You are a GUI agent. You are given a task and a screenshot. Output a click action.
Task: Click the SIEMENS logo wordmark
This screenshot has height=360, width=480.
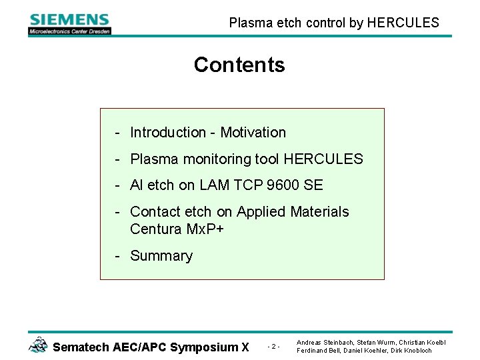pyautogui.click(x=69, y=19)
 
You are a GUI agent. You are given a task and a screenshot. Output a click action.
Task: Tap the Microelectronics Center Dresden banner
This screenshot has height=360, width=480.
pyautogui.click(x=69, y=31)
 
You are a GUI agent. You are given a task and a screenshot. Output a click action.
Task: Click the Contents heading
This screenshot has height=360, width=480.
pyautogui.click(x=239, y=65)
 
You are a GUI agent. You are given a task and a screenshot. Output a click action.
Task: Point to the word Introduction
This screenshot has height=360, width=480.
pyautogui.click(x=168, y=133)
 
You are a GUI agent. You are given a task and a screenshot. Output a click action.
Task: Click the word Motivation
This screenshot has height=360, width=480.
pyautogui.click(x=253, y=133)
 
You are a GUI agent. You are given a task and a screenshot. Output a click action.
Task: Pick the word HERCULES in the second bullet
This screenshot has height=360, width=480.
pyautogui.click(x=323, y=159)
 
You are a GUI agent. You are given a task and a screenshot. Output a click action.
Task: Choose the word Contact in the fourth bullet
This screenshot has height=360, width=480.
pyautogui.click(x=155, y=212)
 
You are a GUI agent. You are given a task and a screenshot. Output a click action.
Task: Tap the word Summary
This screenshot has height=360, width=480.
pyautogui.click(x=161, y=256)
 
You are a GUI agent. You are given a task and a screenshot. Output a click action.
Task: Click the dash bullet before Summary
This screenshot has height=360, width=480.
pyautogui.click(x=117, y=256)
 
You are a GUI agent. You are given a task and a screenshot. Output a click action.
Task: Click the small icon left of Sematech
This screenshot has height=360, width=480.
pyautogui.click(x=38, y=345)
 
